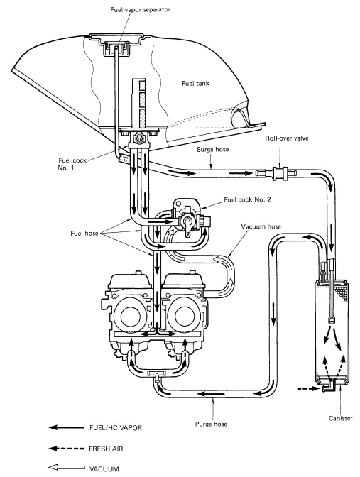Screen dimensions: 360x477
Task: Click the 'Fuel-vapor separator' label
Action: (141, 9)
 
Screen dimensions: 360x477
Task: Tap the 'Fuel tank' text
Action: (196, 83)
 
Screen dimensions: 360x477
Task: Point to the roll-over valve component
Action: (276, 173)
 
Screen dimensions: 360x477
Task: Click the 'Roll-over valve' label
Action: (287, 138)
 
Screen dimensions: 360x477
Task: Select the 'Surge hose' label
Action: (213, 150)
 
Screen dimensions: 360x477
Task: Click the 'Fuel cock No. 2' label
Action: (247, 200)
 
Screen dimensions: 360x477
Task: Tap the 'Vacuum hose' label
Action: (261, 226)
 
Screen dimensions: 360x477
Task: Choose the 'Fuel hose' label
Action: (84, 234)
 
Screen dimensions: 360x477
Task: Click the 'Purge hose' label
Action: (211, 424)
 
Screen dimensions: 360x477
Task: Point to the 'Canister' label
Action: (341, 418)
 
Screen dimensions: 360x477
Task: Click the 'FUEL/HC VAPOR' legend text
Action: (116, 428)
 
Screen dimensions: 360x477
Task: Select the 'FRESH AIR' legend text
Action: (107, 449)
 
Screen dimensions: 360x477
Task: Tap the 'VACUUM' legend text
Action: (104, 468)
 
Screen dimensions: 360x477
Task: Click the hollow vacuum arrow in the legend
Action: (67, 468)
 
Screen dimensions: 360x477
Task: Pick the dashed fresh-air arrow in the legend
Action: (67, 449)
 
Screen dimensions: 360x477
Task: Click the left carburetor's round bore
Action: (131, 317)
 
